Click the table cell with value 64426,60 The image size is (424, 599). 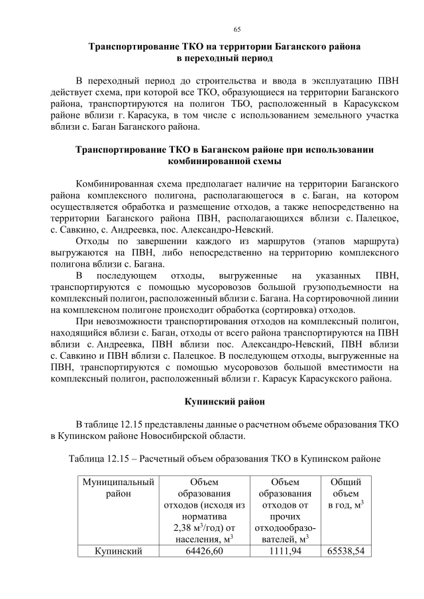pyautogui.click(x=205, y=551)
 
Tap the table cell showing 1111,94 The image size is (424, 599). pyautogui.click(x=285, y=551)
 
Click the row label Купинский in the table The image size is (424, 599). pyautogui.click(x=118, y=551)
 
